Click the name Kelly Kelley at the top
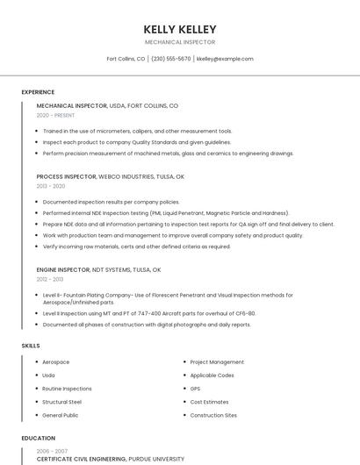tap(180, 30)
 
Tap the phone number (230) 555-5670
tap(170, 59)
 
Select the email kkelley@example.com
tap(225, 59)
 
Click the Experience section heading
tap(38, 92)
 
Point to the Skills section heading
tap(31, 346)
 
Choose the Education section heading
tap(39, 438)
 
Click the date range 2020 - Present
tap(54, 116)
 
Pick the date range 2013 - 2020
tap(51, 186)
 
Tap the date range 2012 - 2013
tap(50, 279)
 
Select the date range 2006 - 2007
tap(51, 450)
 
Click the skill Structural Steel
tap(61, 402)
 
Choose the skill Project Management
tap(217, 362)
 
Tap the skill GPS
tap(195, 389)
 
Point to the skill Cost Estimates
tap(209, 402)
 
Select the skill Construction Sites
tap(213, 415)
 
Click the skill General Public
tap(60, 415)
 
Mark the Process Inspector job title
tap(66, 176)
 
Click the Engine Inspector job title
tap(62, 269)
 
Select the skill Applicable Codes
tap(212, 376)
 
